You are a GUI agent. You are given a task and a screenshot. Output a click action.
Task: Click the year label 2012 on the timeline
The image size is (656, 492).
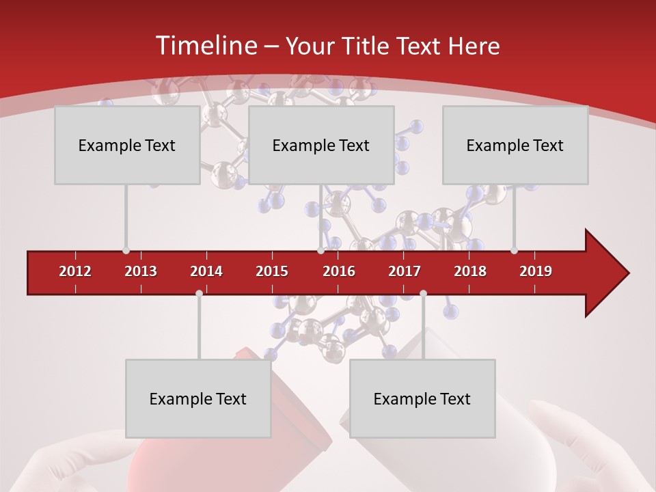click(75, 271)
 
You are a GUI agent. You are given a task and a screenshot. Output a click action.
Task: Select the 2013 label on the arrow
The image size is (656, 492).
click(141, 271)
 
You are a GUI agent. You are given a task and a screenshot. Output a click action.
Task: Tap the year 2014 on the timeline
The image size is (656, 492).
click(206, 271)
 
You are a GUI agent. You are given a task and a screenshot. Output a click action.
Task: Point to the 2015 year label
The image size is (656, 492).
click(272, 271)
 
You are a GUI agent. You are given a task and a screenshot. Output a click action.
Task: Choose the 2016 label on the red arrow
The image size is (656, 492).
click(339, 271)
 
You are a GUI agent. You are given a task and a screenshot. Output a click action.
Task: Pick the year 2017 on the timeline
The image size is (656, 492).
click(405, 271)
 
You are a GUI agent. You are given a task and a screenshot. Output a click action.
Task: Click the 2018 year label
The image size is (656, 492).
click(470, 271)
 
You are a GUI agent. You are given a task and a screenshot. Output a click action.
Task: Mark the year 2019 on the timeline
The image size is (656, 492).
click(536, 271)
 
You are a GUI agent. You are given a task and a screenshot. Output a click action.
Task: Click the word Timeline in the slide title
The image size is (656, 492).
click(205, 46)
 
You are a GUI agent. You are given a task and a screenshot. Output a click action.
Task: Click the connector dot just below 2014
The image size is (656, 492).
click(199, 293)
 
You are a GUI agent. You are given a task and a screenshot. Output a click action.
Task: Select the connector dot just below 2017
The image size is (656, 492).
click(423, 293)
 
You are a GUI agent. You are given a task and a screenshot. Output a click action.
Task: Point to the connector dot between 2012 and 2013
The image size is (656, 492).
click(126, 251)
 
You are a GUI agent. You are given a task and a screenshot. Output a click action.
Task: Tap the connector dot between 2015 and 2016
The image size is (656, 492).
click(320, 251)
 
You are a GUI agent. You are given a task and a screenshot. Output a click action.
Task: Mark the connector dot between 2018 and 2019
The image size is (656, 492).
click(514, 251)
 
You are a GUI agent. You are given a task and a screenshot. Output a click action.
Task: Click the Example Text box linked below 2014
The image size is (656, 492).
click(198, 399)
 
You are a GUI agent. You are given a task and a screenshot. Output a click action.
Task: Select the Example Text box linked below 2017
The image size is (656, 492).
click(422, 399)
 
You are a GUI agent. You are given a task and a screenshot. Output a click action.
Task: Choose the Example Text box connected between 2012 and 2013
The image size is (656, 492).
click(127, 145)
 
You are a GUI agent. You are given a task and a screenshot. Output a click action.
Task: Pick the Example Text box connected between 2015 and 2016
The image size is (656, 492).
click(321, 145)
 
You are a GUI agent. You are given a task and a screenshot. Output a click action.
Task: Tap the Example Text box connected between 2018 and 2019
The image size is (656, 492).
click(515, 145)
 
